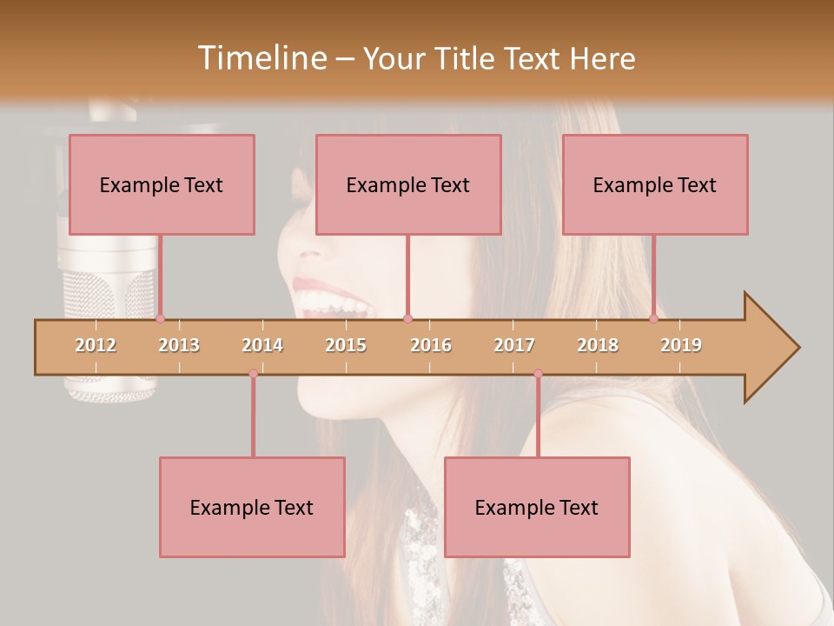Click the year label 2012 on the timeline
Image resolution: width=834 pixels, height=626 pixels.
pos(96,345)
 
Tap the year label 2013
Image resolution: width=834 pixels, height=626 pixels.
pos(179,345)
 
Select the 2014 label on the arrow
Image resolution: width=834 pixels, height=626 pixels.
pos(262,345)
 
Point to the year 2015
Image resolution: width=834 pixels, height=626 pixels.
pos(346,345)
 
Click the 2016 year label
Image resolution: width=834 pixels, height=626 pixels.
pos(431,345)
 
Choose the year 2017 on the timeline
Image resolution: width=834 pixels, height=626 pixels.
pos(514,345)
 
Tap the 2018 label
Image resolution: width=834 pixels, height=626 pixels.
pos(598,345)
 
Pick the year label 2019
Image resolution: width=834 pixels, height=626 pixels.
pos(681,345)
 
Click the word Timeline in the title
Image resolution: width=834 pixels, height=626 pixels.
pos(261,58)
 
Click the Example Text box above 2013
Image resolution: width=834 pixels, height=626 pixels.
pos(162,184)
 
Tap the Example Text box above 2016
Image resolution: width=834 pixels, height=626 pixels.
pos(408,184)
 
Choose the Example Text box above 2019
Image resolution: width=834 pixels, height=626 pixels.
pos(655,184)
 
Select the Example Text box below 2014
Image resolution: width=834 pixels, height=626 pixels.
pos(252,507)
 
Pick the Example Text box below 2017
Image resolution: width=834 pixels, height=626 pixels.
pos(537,507)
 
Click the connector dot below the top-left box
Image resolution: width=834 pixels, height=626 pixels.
pos(160,319)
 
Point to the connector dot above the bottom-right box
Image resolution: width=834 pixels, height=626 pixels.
pos(538,374)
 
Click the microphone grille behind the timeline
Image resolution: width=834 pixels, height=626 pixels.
pos(96,296)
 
